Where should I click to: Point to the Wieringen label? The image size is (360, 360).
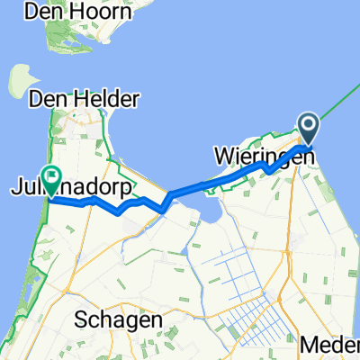tap(265, 156)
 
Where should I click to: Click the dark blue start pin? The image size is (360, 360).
tap(308, 129)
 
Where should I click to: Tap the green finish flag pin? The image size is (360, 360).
tap(50, 181)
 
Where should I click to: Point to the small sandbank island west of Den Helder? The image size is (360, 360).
tap(17, 81)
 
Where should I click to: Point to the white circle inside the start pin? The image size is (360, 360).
tap(308, 125)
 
